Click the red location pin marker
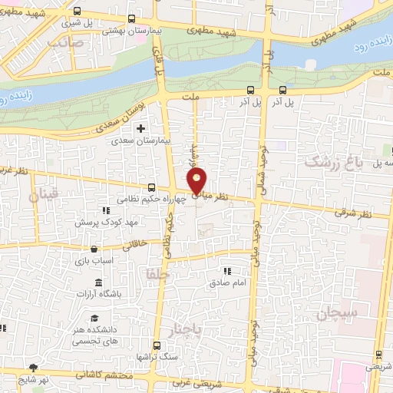coord(197,182)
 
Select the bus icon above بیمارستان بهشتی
coord(132,18)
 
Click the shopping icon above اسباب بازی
coord(93,249)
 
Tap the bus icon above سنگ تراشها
coord(156,346)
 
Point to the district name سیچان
coord(335,314)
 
